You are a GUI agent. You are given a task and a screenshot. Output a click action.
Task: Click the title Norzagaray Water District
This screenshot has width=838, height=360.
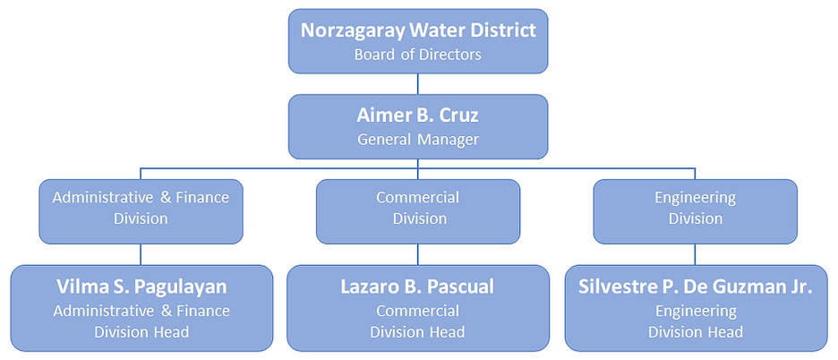[x=418, y=30]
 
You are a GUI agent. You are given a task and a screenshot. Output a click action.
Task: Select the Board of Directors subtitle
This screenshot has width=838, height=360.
[x=418, y=55]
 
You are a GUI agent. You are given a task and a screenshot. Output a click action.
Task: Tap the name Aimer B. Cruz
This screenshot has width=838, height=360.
[x=418, y=116]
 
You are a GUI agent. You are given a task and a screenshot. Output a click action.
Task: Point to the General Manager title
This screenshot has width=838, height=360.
[x=418, y=140]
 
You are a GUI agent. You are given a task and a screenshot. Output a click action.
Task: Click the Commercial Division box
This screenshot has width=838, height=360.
[x=418, y=211]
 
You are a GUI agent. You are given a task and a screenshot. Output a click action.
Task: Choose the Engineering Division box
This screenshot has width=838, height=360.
[x=695, y=211]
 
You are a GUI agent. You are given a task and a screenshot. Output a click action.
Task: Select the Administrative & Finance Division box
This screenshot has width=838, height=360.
[x=141, y=211]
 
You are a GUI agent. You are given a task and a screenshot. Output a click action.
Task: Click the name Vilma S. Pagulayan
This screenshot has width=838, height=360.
[x=141, y=287]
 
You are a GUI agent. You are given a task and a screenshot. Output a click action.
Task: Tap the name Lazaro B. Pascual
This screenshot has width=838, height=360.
[x=417, y=287]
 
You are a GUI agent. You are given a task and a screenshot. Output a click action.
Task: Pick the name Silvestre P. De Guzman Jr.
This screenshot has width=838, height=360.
[x=695, y=287]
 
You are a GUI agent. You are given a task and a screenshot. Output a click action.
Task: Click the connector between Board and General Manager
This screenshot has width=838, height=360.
[x=418, y=84]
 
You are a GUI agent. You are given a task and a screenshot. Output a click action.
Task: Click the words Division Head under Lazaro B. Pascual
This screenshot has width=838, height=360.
[x=417, y=332]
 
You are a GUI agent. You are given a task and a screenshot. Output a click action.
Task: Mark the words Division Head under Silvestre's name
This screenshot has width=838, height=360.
[x=695, y=332]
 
